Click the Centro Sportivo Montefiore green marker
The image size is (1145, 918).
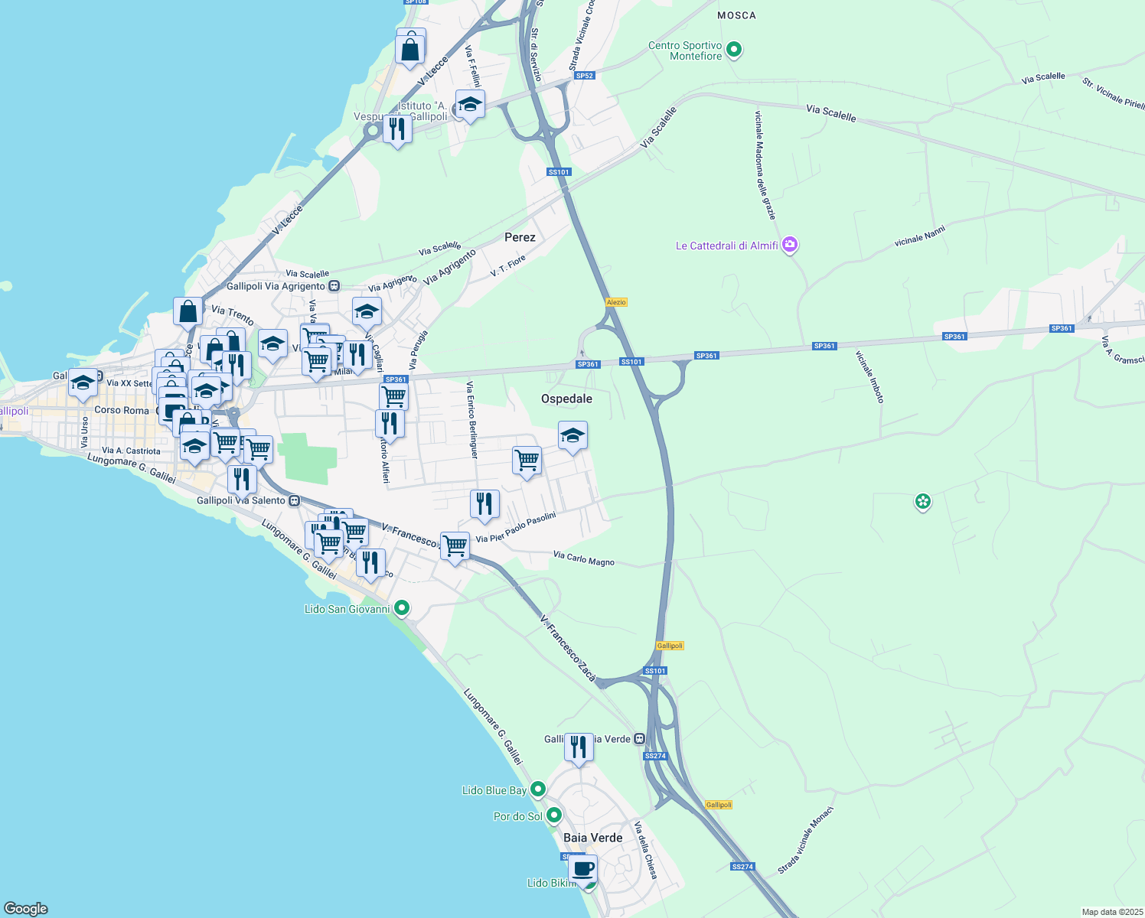tap(734, 50)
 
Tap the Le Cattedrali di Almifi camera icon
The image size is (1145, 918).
tap(790, 246)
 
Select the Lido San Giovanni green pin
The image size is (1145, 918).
tap(401, 609)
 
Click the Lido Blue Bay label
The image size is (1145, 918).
tap(494, 790)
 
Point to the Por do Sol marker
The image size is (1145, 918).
tap(553, 815)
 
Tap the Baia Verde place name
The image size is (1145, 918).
tap(592, 838)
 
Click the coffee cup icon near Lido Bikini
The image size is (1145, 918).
tap(582, 869)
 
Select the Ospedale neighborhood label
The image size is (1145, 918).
tap(566, 399)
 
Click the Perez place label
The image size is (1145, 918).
tap(520, 237)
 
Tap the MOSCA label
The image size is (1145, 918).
tap(736, 15)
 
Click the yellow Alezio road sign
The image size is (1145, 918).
tap(616, 302)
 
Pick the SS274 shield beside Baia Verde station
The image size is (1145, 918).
tap(655, 756)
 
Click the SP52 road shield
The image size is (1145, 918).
tap(585, 76)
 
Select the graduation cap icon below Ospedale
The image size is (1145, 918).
tap(572, 436)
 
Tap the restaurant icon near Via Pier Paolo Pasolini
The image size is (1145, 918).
tap(484, 504)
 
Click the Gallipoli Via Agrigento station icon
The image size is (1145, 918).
tap(334, 286)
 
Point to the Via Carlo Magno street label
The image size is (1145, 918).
tap(583, 559)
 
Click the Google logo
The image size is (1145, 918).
tap(26, 908)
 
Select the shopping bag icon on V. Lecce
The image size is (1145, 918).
tap(410, 49)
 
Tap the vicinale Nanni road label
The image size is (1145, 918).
tap(920, 236)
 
